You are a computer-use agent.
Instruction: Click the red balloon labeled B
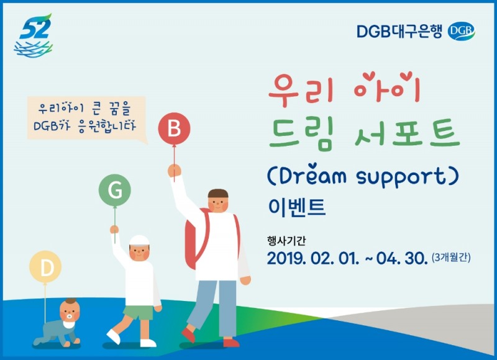[x=174, y=129]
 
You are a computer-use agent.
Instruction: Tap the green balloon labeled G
[x=115, y=191]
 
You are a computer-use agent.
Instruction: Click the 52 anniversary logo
[x=34, y=37]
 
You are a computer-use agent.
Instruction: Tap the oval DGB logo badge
[x=461, y=30]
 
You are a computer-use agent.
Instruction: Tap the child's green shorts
[x=138, y=312]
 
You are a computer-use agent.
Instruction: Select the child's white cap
[x=140, y=240]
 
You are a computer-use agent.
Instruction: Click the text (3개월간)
[x=450, y=257]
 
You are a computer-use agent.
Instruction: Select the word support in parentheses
[x=393, y=177]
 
